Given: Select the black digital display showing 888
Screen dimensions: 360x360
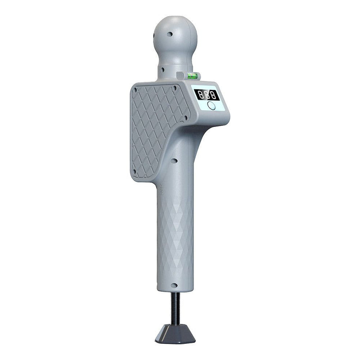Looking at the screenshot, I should tap(207, 94).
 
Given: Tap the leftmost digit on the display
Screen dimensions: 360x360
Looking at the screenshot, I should tap(200, 94).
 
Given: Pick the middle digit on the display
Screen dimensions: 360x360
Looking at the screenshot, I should tap(207, 94).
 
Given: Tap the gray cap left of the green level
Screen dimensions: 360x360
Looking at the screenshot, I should tap(180, 76).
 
